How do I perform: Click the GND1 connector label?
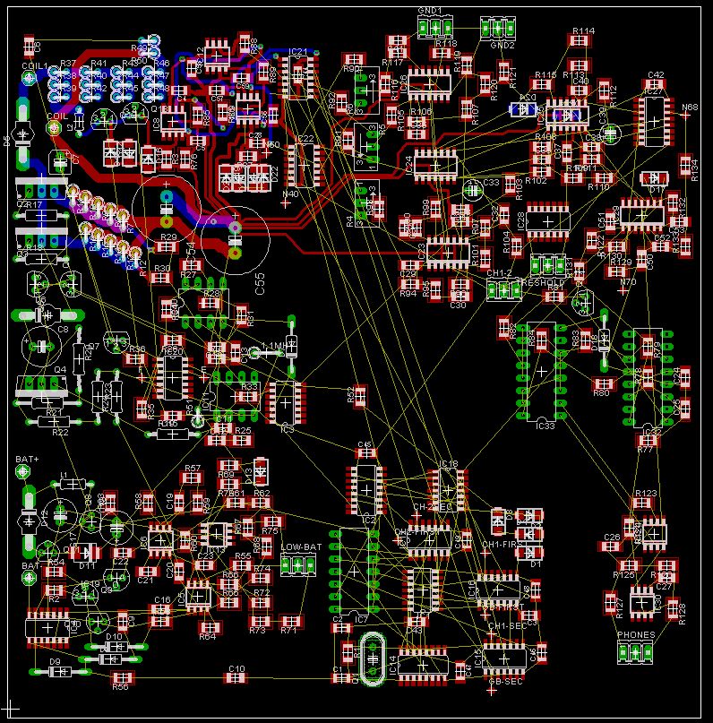[x=430, y=9]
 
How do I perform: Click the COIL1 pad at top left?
[x=28, y=78]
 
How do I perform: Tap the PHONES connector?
[x=634, y=652]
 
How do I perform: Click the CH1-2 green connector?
[x=503, y=288]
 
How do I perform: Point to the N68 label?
[x=689, y=108]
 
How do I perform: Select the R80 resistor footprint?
[x=602, y=384]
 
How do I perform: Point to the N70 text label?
[x=628, y=282]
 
